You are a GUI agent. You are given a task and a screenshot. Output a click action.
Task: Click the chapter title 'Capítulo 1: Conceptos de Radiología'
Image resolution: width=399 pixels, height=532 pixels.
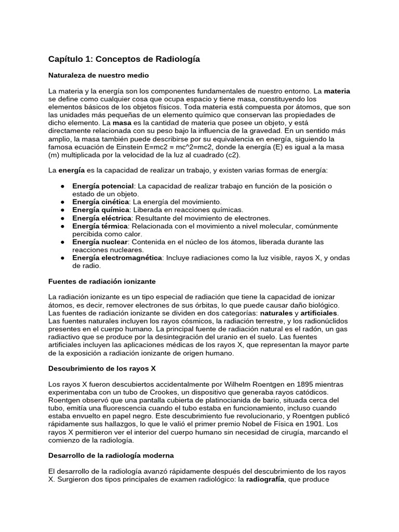[x=124, y=60]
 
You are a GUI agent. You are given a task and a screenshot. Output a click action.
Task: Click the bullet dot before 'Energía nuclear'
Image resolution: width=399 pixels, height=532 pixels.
[x=62, y=242]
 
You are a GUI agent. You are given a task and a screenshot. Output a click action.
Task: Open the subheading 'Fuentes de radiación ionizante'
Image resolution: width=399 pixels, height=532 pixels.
[x=102, y=281]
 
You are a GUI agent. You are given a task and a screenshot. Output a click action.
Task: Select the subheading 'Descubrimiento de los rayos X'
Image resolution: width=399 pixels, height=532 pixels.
[x=102, y=368]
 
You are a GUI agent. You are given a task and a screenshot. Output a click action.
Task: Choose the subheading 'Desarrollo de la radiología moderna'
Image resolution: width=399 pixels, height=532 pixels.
[x=111, y=455]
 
